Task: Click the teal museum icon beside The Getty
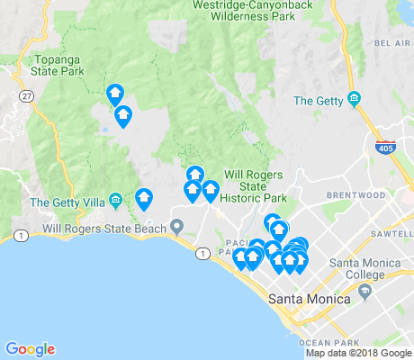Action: (354, 98)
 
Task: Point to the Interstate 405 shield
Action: (385, 148)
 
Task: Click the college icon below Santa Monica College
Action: (364, 292)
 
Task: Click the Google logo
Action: (30, 349)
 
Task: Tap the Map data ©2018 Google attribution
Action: (358, 353)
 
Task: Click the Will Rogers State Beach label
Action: (104, 229)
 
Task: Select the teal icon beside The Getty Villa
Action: (114, 200)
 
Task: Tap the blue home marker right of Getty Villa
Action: (143, 198)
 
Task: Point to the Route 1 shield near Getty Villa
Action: (18, 236)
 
